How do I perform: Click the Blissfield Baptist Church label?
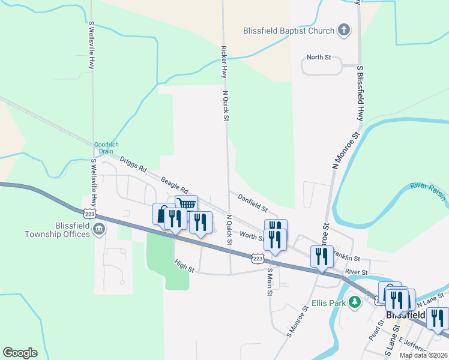click(x=288, y=31)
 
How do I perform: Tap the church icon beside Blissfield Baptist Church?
click(x=344, y=30)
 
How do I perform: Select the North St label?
click(x=319, y=58)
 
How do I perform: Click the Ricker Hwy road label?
click(x=224, y=62)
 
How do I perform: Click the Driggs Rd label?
click(x=133, y=164)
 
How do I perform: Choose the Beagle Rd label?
click(x=174, y=181)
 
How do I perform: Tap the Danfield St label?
click(x=252, y=202)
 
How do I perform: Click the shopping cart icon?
click(x=187, y=205)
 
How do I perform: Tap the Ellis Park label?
click(x=329, y=303)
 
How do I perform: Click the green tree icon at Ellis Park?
click(x=355, y=302)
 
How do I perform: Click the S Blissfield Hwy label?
click(x=360, y=93)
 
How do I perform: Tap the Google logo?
click(x=20, y=353)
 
